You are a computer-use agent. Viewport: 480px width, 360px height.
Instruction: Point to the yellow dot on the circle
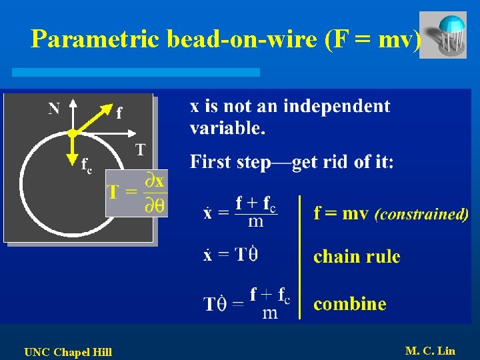(x=71, y=134)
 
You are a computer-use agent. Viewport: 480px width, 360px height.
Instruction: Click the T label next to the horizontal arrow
(x=140, y=149)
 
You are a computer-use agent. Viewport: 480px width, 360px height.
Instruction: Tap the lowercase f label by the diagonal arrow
(x=119, y=113)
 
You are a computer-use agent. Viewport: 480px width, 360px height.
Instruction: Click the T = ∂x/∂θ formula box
(x=137, y=193)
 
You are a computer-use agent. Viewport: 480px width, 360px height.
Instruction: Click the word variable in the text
(x=227, y=128)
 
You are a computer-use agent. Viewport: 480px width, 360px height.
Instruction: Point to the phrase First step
(x=229, y=162)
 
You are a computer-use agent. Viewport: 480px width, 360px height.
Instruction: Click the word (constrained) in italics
(x=421, y=215)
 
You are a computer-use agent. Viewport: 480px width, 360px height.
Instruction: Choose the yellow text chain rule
(x=357, y=257)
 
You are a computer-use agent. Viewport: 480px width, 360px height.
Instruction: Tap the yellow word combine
(x=350, y=304)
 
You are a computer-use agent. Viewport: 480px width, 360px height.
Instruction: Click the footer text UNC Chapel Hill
(x=68, y=351)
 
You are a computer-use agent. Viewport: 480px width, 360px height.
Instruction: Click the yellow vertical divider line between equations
(x=300, y=257)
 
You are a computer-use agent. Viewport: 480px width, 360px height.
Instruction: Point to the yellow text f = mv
(x=341, y=214)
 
